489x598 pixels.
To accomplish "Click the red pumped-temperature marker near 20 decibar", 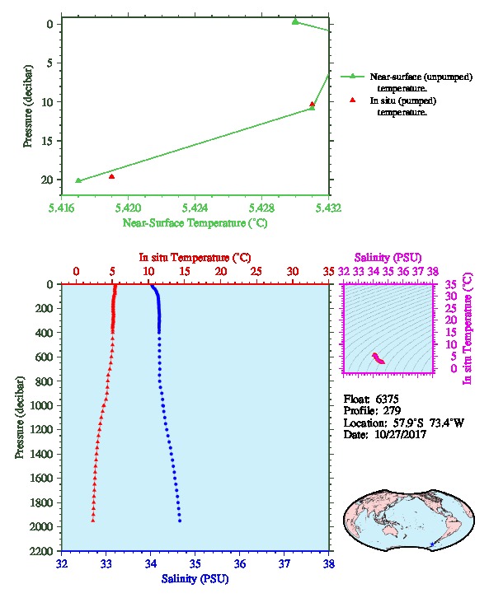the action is (x=111, y=176).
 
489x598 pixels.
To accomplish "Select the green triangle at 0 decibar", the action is (x=295, y=21).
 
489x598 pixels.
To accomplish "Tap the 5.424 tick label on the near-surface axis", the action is (x=195, y=208).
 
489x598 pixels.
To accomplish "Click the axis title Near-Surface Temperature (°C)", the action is (x=195, y=222).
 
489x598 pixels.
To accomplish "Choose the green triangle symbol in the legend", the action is (x=352, y=77).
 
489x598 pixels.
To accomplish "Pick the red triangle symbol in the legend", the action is (x=352, y=100).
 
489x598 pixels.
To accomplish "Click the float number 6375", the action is (x=387, y=399).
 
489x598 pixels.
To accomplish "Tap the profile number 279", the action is (x=392, y=410).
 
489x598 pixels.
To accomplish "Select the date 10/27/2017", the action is (x=401, y=434).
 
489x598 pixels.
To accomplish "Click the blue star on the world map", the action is (x=432, y=544).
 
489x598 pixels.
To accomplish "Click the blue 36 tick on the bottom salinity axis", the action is (x=240, y=563).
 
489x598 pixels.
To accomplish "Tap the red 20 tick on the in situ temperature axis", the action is (x=221, y=271).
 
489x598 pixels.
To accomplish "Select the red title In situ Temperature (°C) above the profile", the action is (x=195, y=258).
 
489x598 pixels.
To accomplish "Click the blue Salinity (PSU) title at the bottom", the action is (x=195, y=578).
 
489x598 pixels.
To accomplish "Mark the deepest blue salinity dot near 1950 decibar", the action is (x=180, y=521).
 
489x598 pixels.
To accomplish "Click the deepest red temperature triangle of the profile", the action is (x=92, y=521).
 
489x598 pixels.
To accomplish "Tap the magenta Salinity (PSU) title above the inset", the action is (x=388, y=258).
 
